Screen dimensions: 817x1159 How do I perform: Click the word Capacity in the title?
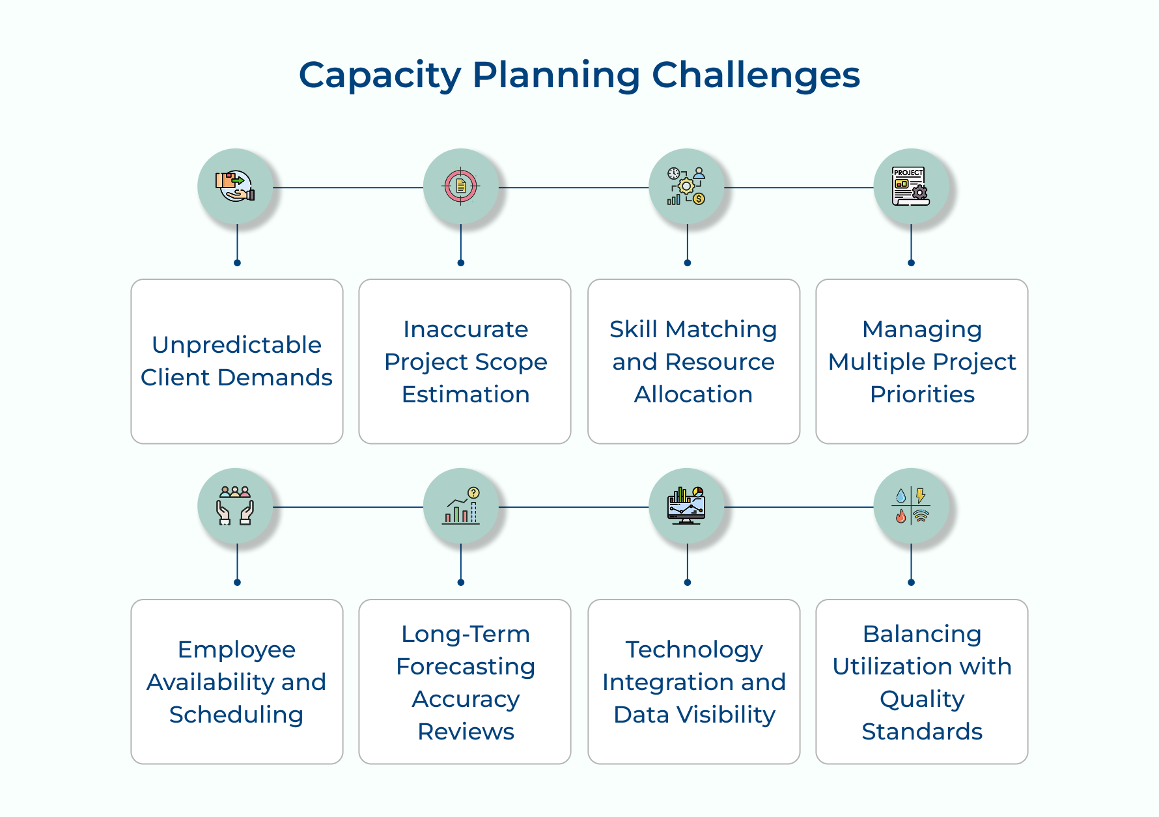click(380, 76)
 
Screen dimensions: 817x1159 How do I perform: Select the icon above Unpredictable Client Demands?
click(235, 187)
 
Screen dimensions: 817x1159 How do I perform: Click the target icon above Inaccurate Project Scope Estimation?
click(461, 187)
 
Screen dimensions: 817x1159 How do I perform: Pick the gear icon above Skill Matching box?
click(686, 187)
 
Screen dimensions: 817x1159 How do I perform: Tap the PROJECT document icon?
click(910, 187)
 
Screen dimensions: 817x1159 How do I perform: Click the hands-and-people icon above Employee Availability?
click(235, 506)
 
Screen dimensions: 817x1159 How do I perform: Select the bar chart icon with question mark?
click(461, 506)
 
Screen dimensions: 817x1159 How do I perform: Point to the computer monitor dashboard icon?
click(686, 506)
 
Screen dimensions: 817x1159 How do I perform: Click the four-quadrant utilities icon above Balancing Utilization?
click(910, 506)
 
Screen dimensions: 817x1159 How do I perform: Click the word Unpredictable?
click(236, 345)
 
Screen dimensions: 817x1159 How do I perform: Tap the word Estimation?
click(466, 395)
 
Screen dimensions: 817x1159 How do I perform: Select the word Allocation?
click(693, 395)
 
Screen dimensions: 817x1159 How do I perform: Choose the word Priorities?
click(922, 395)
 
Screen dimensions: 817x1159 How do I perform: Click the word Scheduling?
click(236, 715)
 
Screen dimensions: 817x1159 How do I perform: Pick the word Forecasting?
click(466, 667)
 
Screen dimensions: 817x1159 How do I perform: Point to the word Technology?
click(694, 650)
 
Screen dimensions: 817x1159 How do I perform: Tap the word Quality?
click(922, 699)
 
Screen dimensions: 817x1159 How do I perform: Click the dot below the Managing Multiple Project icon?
click(911, 263)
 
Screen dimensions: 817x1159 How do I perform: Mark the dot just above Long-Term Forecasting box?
click(461, 582)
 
